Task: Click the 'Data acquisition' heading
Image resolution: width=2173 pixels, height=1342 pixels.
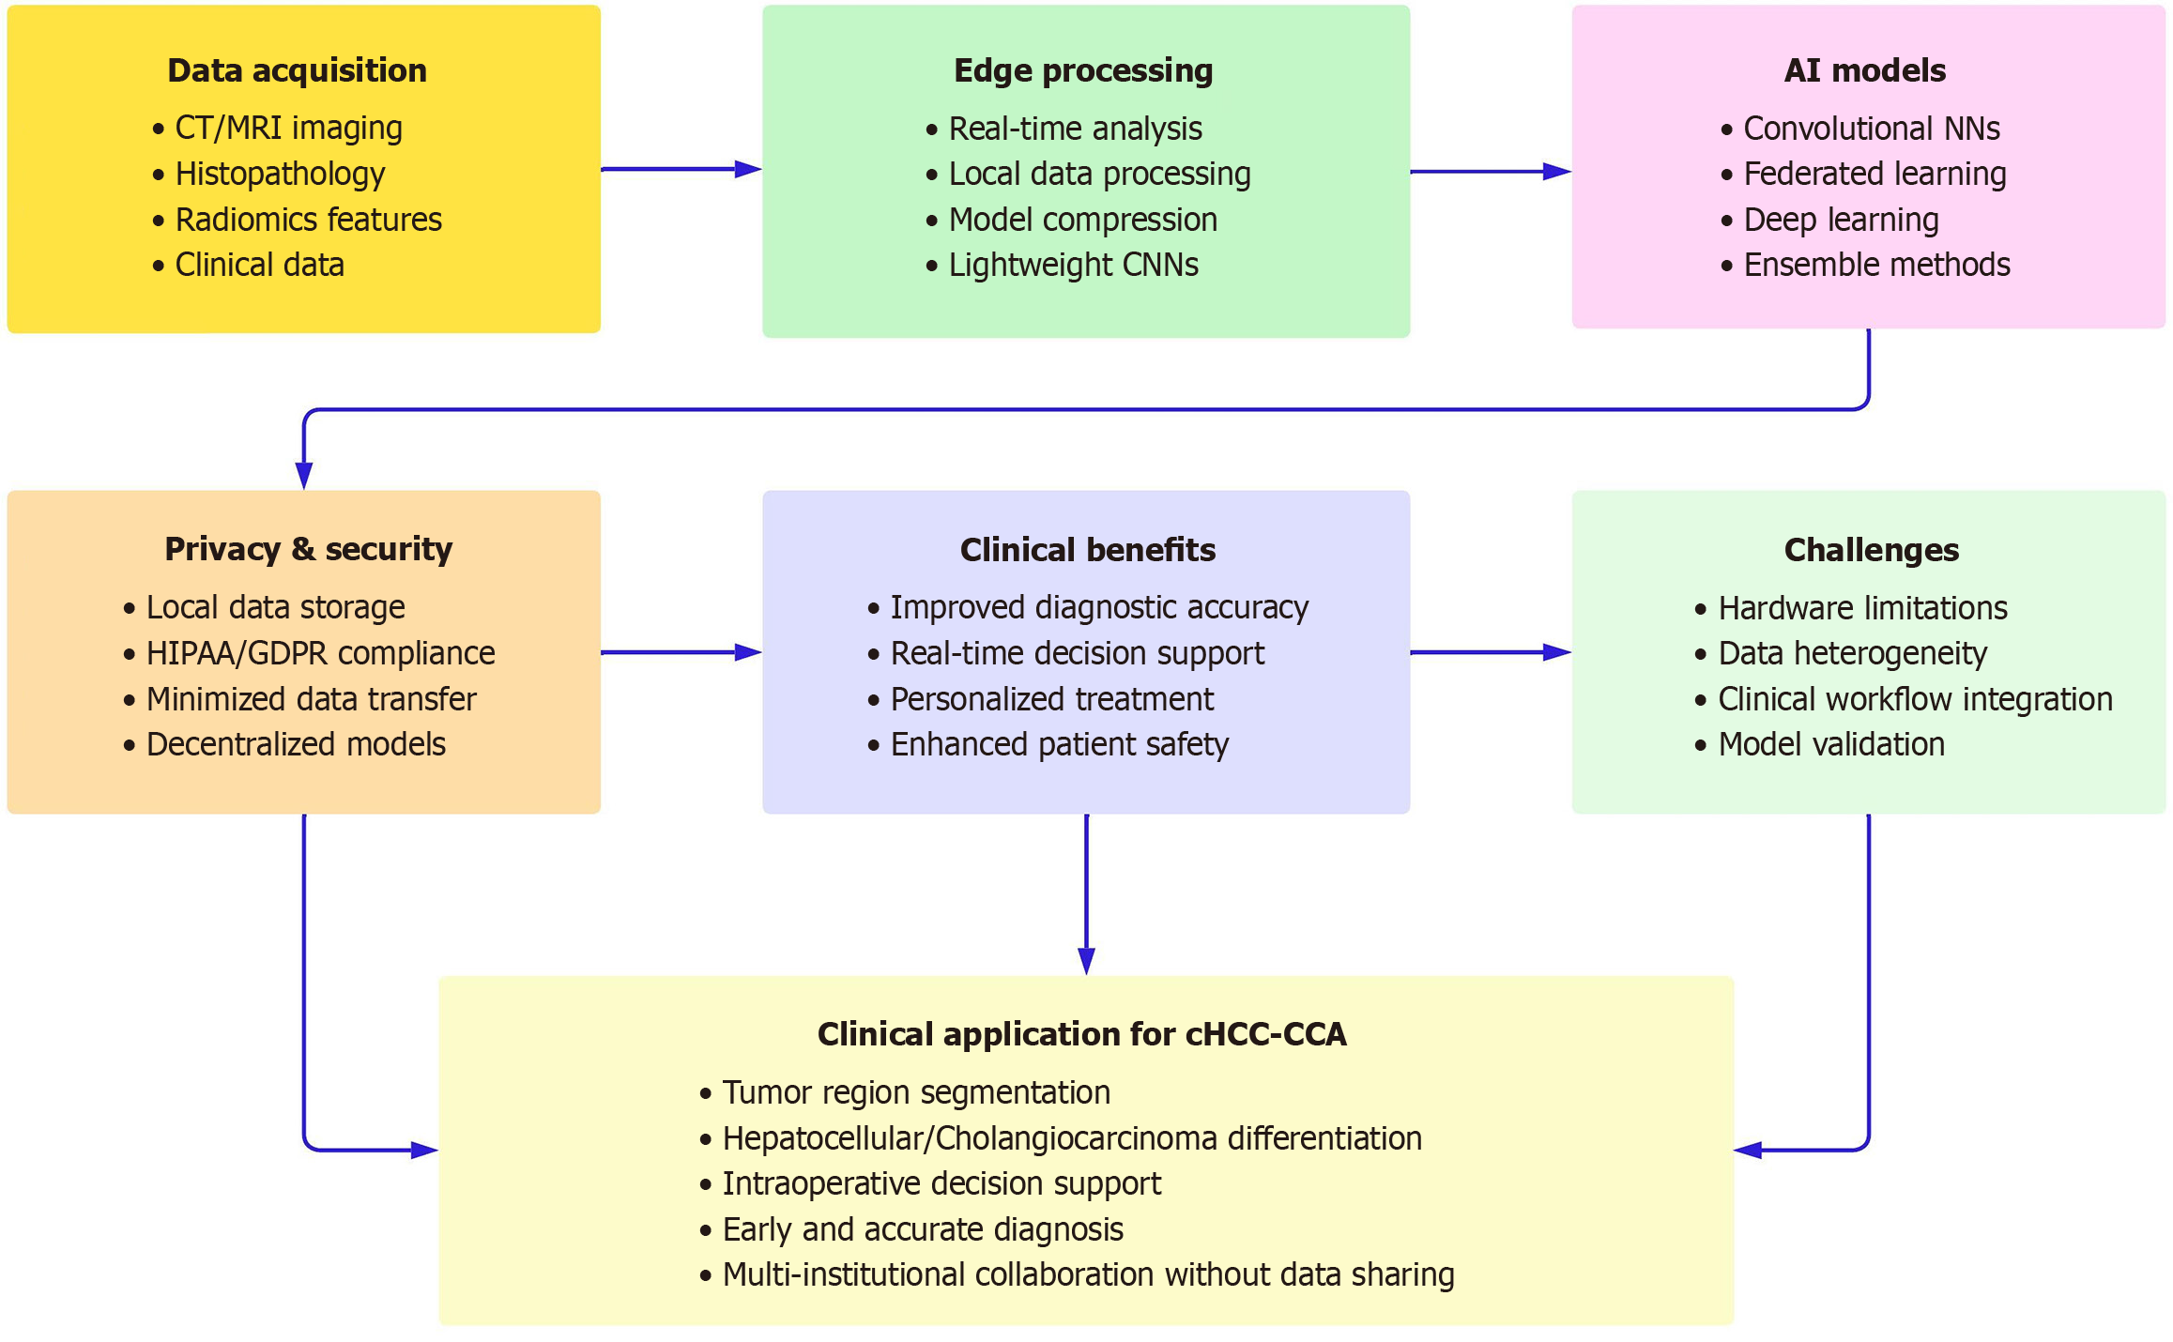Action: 297,70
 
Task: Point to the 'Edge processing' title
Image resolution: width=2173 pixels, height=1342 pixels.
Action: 1083,71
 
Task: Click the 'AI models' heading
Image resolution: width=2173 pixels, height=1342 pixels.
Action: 1865,70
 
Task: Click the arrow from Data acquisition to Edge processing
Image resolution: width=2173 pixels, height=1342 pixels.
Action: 681,169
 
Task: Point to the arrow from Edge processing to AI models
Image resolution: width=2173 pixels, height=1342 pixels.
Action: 1491,172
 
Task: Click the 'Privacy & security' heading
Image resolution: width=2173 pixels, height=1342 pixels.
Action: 308,549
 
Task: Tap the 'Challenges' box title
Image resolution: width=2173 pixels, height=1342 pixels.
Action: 1871,550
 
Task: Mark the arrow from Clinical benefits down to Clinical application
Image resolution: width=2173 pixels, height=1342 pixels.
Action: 1086,894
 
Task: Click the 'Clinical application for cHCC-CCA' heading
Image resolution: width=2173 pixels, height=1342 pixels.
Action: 1081,1034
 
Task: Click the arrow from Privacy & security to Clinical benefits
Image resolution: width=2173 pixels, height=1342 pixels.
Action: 681,652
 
